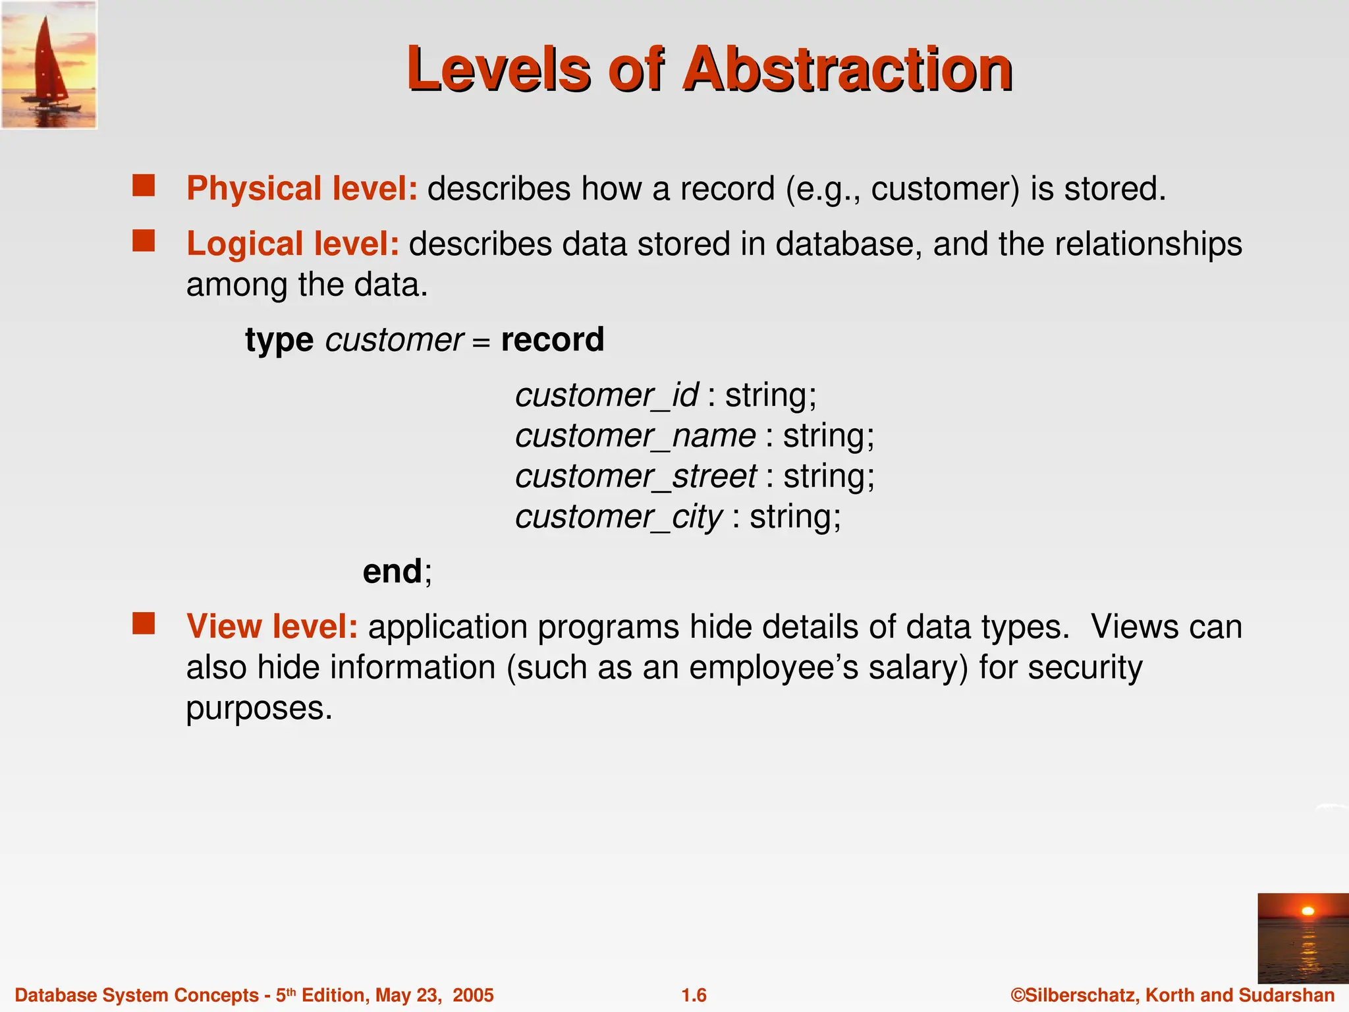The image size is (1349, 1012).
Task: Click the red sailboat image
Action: click(x=49, y=65)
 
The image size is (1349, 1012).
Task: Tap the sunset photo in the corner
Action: click(x=1302, y=938)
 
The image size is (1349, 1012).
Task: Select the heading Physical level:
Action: click(x=302, y=189)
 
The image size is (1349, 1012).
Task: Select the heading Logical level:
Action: click(x=292, y=244)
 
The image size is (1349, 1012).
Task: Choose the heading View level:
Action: click(x=271, y=627)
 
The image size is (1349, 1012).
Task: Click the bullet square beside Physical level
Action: click(x=143, y=186)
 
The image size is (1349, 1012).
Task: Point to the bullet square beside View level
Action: click(x=143, y=623)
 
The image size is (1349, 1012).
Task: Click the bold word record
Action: click(x=552, y=340)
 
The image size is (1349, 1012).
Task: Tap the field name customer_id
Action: click(x=606, y=396)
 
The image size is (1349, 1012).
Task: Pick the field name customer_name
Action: click(x=635, y=436)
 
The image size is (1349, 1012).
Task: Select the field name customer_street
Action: click(x=636, y=476)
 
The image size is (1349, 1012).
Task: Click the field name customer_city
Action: click(x=619, y=517)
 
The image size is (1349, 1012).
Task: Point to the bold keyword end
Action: click(x=393, y=571)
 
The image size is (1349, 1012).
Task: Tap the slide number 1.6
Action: click(x=694, y=995)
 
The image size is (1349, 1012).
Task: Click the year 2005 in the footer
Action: click(x=473, y=995)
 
